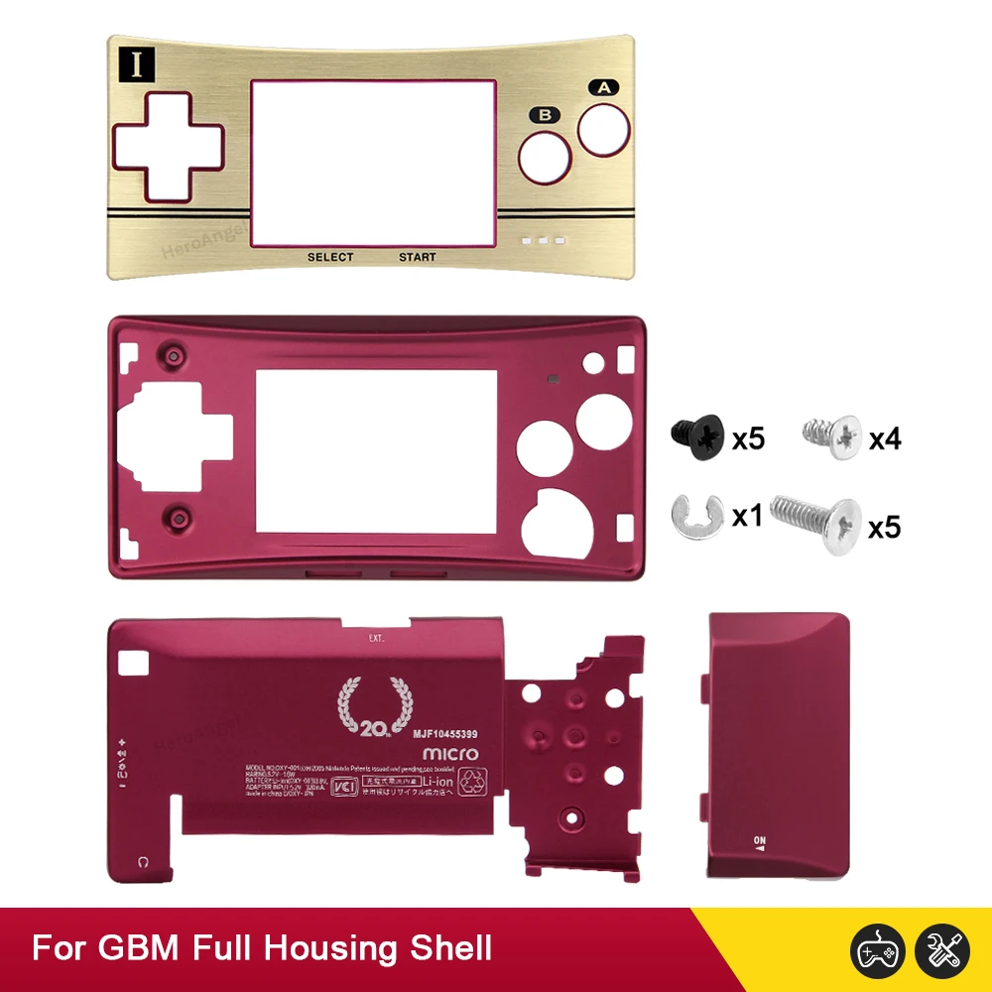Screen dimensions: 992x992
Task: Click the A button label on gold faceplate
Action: [x=603, y=87]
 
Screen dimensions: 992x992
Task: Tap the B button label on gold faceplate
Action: [x=543, y=115]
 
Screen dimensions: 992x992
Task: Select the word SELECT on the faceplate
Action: [x=330, y=257]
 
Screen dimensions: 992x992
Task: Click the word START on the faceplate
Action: [x=418, y=257]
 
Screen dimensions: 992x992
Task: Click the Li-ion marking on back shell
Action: [x=437, y=783]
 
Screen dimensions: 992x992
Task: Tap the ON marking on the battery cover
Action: [x=761, y=839]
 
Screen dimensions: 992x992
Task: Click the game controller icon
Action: [x=878, y=949]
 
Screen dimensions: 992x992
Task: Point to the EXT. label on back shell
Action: [x=376, y=638]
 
